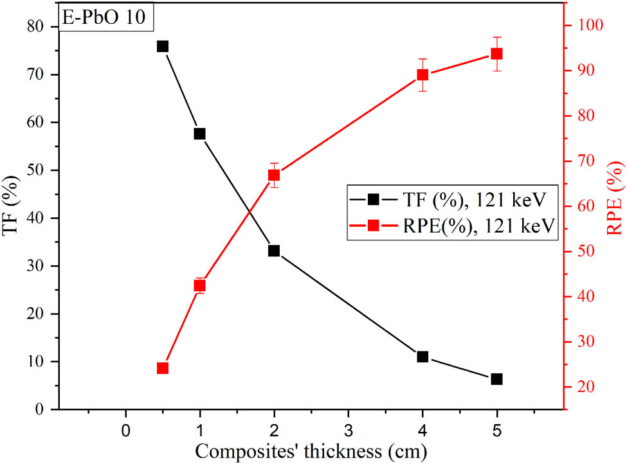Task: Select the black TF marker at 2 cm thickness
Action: (x=274, y=251)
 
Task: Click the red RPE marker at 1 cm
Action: (x=199, y=285)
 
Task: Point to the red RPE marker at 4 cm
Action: (x=423, y=75)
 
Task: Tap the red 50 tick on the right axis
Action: (x=581, y=252)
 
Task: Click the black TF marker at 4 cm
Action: (x=423, y=357)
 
